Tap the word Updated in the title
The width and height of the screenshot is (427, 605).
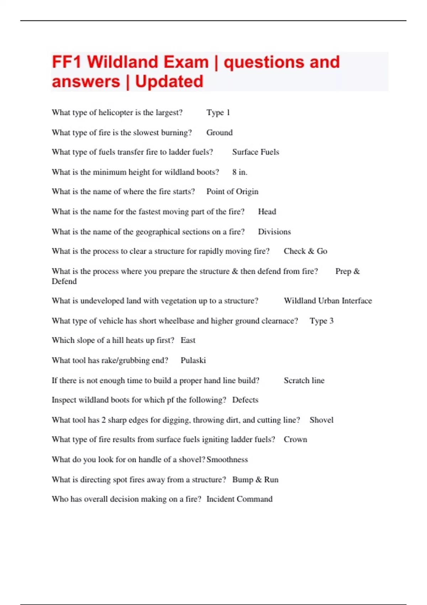169,81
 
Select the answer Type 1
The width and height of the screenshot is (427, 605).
218,112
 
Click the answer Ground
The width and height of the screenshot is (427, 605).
220,132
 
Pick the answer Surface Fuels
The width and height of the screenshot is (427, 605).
255,152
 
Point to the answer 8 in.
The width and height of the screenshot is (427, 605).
240,172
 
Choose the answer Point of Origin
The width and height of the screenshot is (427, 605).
232,191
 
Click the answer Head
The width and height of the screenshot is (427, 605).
267,211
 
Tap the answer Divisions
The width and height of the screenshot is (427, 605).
274,232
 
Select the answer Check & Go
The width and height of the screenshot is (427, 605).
305,251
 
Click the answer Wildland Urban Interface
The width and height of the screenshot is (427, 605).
328,301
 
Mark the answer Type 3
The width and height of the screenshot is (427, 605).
322,321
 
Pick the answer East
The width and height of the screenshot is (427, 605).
188,340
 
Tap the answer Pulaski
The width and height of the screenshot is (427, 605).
193,360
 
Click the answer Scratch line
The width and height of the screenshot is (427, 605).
304,380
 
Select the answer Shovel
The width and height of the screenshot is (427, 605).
321,420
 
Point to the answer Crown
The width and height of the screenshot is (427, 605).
295,439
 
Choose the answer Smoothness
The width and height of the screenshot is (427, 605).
227,459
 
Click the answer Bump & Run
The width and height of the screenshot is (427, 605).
255,479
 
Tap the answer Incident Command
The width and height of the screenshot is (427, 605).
239,499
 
